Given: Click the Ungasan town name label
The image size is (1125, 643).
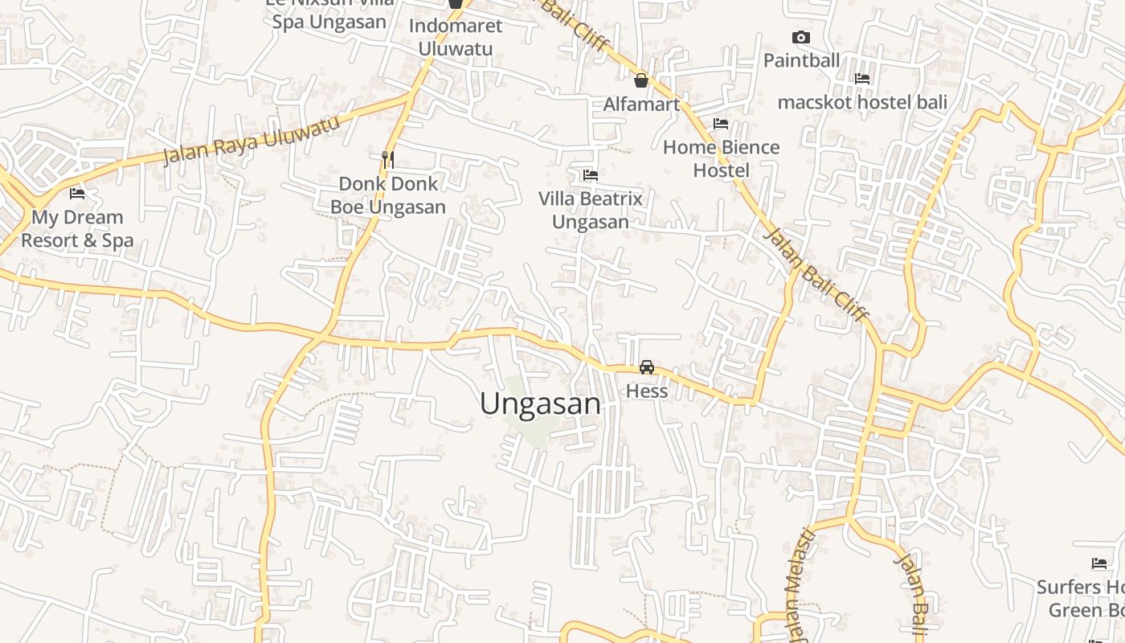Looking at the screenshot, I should pos(540,403).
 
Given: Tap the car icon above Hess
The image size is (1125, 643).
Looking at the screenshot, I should pos(646,367).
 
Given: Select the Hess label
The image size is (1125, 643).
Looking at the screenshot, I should pos(646,391).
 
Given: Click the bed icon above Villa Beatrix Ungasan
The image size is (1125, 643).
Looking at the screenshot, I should pos(591,174).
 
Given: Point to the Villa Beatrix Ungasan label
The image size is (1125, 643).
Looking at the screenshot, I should pos(591,210).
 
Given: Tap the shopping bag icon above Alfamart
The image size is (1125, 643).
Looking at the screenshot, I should pos(641,80).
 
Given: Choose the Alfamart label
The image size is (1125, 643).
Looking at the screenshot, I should pos(641,104).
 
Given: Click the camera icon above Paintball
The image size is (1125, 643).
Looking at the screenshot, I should pos(800,37).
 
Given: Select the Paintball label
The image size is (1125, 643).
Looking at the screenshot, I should pos(800,60).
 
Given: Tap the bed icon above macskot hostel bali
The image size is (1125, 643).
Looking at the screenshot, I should pos(862,79).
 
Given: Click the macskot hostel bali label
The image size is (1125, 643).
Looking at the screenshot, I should pos(862,102).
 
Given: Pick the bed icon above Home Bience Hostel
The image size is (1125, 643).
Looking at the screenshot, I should pos(721,124).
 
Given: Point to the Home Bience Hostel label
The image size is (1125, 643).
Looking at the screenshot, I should pos(721,158).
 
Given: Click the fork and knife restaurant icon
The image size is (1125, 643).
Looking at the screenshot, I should pos(388,159).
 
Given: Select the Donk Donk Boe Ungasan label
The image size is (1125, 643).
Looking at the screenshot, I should pos(388,195).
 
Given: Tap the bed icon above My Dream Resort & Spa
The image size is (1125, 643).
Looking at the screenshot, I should pos(77,194).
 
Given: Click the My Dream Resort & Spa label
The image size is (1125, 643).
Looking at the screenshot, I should pos(77,228).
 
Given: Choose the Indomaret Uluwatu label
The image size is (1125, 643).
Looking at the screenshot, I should pos(455,37).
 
